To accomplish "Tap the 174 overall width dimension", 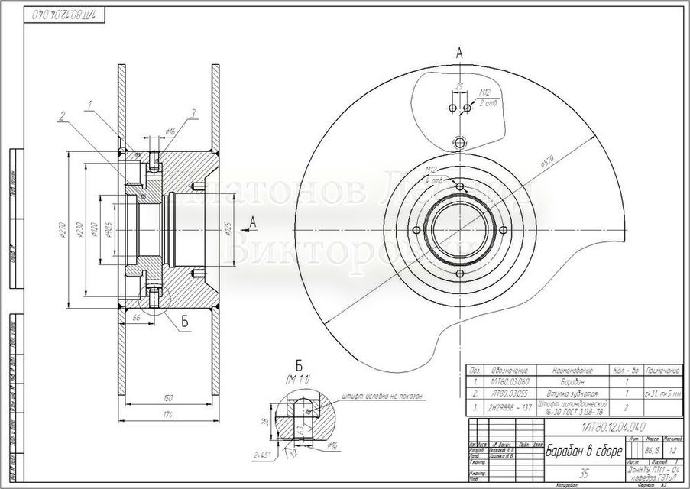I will [x=167, y=413].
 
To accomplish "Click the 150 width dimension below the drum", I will [x=167, y=398].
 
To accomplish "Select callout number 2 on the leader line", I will [x=60, y=116].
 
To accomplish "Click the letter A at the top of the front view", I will [x=458, y=52].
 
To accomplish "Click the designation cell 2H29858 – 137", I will [x=505, y=406].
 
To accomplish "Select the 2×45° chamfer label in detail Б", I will [x=261, y=455].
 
